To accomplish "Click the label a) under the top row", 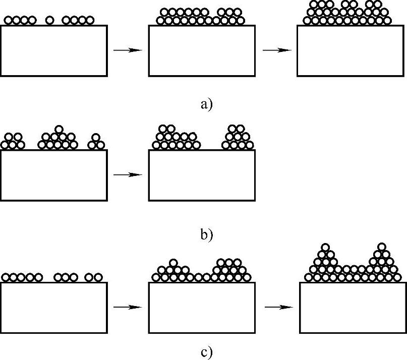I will coord(207,104).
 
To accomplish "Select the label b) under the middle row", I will coord(207,234).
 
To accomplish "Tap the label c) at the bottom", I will coord(207,352).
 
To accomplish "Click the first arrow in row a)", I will coord(128,50).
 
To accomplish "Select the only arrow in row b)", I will coord(128,174).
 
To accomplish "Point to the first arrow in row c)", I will coord(128,307).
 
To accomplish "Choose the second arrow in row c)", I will coord(278,307).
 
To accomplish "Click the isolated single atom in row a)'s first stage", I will coord(49,20).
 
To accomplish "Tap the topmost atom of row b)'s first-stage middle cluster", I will coord(59,129).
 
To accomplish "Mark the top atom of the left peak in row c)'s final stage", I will coord(326,247).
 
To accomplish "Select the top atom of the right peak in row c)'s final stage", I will coord(381,247).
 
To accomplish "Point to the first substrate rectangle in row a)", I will coord(53,51).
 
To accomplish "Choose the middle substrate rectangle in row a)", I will coord(202,51).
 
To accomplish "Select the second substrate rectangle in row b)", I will coord(202,175).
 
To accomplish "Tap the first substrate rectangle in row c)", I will coord(53,307).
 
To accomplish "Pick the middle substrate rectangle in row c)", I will coord(202,307).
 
